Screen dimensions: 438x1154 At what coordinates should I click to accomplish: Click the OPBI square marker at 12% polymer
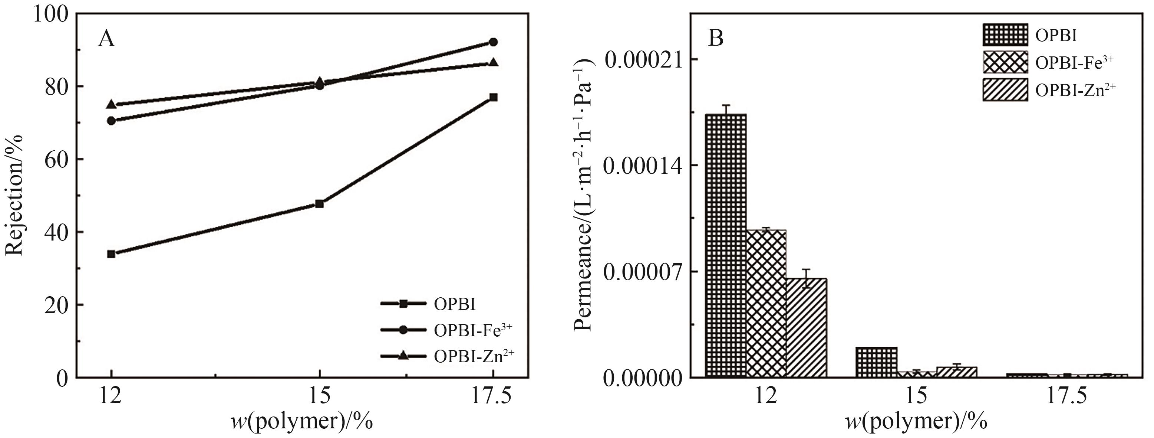[x=111, y=254]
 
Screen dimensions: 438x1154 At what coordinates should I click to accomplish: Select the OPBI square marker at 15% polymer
[x=319, y=203]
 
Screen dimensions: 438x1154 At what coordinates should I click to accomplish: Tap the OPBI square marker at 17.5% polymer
[x=493, y=97]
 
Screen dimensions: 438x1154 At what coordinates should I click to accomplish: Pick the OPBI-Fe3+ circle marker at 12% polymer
[x=111, y=121]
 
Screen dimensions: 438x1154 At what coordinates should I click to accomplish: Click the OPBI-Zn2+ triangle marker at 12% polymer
[x=111, y=104]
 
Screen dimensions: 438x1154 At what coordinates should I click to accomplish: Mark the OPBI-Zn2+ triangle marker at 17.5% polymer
[x=493, y=62]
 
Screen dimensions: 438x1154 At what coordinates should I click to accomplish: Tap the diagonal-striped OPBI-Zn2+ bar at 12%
[x=807, y=328]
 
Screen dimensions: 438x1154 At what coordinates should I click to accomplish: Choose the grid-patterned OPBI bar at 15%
[x=876, y=362]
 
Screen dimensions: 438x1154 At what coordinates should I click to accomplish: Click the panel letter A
[x=107, y=39]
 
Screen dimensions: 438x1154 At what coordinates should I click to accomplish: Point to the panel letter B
[x=716, y=39]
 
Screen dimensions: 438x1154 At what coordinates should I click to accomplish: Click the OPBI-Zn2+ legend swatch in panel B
[x=1005, y=90]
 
